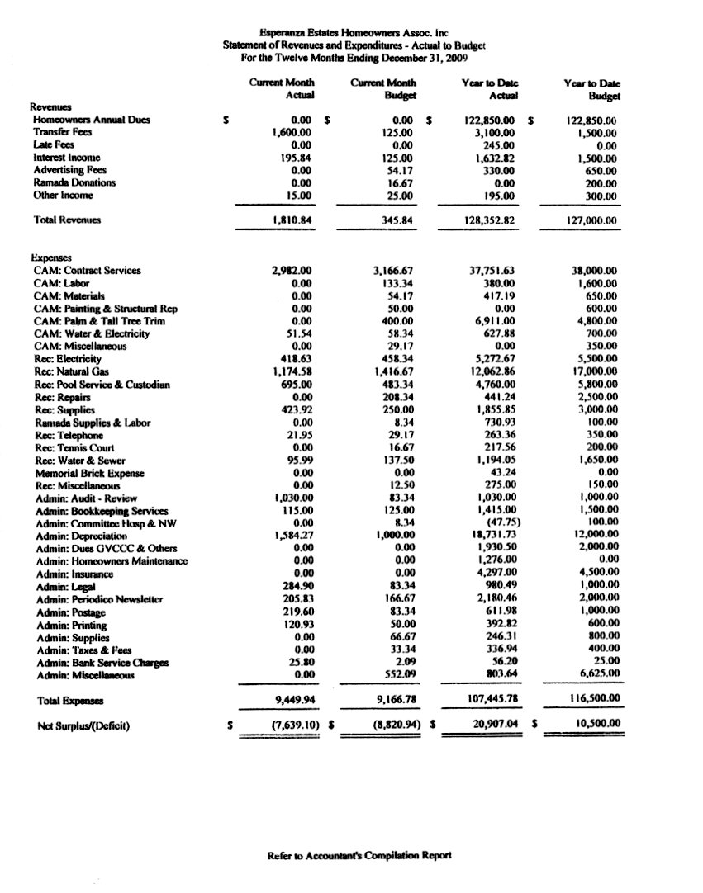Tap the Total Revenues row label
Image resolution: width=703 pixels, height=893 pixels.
67,220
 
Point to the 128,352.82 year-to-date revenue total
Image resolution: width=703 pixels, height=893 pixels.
484,220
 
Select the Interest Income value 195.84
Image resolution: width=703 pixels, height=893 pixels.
295,158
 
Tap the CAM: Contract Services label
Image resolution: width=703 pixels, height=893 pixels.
87,271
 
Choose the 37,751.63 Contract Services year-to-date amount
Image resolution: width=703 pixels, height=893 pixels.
487,271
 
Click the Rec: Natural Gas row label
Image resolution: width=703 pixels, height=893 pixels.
74,372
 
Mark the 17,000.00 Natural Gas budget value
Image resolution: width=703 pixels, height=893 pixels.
600,372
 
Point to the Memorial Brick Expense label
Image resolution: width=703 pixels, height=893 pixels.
89,474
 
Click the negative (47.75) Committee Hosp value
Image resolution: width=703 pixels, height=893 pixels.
497,524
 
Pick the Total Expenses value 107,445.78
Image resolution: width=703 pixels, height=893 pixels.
487,700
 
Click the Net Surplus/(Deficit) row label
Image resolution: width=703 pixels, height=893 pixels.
81,728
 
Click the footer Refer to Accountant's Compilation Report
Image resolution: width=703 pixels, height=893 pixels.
359,856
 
